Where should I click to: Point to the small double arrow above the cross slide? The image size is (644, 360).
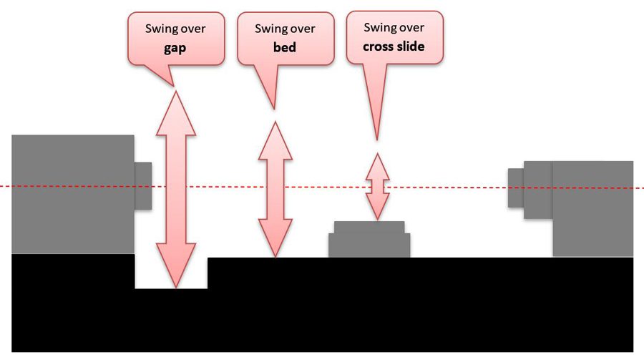(x=377, y=186)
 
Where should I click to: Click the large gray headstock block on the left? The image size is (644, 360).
(x=72, y=194)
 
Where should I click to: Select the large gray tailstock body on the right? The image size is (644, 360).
(x=592, y=208)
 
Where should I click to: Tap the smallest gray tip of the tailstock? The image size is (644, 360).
(x=515, y=188)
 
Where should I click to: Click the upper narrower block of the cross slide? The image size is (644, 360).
(x=369, y=227)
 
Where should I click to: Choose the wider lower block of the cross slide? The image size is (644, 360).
(x=369, y=245)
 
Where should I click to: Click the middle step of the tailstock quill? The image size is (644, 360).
(x=537, y=189)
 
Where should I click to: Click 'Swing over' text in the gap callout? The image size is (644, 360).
(x=176, y=29)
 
